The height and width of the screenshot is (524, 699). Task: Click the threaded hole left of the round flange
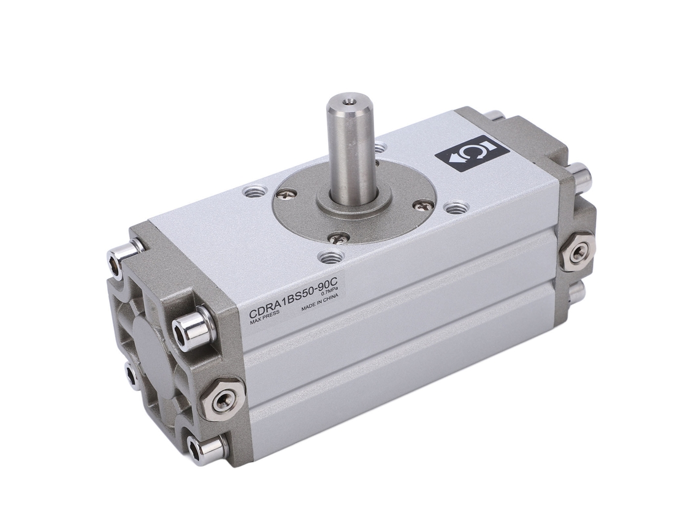255,192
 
